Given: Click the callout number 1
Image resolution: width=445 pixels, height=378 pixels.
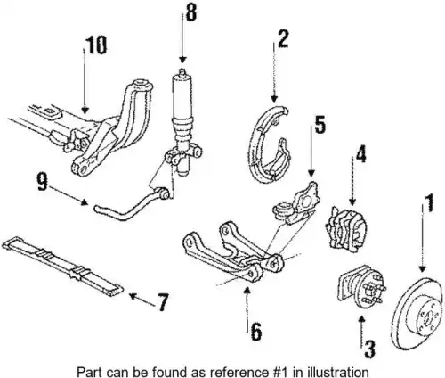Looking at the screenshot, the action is [x=428, y=202].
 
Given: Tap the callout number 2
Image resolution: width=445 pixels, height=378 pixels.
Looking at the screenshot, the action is [x=283, y=38].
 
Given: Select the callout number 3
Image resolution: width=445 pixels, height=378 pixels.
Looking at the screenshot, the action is [x=369, y=349].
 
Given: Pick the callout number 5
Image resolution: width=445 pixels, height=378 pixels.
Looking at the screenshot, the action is [x=320, y=125].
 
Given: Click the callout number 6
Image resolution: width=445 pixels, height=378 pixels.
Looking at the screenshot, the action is [x=256, y=331].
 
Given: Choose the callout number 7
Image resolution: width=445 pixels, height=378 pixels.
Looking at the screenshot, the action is [x=162, y=302].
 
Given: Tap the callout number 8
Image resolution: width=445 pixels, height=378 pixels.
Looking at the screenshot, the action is [x=190, y=12].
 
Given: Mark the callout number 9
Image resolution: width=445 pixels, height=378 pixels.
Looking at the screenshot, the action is [x=43, y=182].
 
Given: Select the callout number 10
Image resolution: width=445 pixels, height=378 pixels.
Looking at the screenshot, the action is [x=96, y=45].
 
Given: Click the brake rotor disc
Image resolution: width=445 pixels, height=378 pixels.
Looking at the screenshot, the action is [x=417, y=314].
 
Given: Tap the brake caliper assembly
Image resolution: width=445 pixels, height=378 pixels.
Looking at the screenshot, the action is [x=346, y=226].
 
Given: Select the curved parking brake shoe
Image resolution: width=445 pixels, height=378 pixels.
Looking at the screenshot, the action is [x=269, y=144].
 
